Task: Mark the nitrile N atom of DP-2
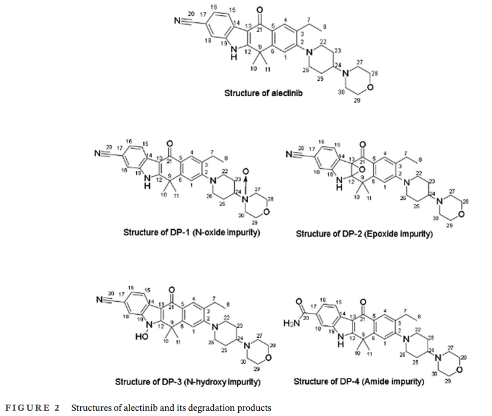(x=290, y=156)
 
